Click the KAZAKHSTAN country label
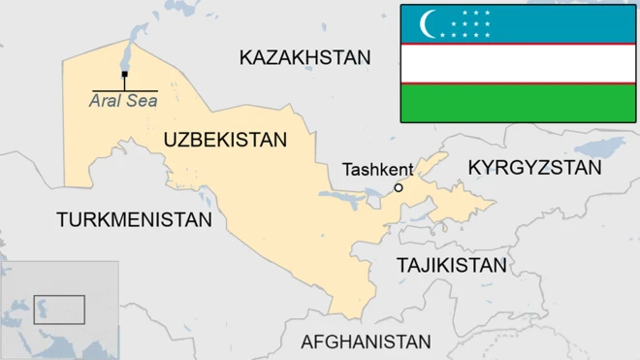click(x=304, y=58)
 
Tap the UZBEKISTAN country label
click(x=225, y=140)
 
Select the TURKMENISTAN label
click(x=134, y=219)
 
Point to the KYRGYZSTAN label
click(x=534, y=168)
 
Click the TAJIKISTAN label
click(x=451, y=265)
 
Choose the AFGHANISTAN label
click(x=366, y=342)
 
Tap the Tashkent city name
click(x=377, y=170)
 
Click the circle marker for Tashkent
click(x=398, y=187)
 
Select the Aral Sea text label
click(x=123, y=99)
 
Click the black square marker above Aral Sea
click(x=124, y=74)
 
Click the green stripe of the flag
click(x=518, y=103)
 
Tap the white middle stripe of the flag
click(x=518, y=63)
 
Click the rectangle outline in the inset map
click(x=60, y=310)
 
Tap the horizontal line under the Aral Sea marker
click(x=124, y=90)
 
